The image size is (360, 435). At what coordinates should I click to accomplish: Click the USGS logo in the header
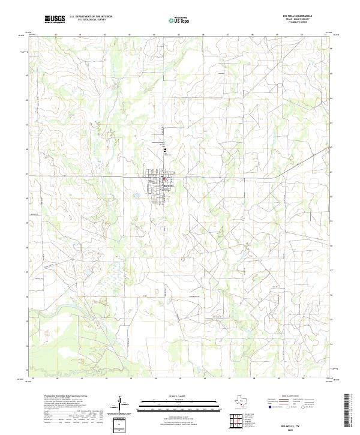click(x=55, y=19)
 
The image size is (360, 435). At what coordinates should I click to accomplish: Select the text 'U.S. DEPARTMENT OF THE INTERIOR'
click(x=91, y=17)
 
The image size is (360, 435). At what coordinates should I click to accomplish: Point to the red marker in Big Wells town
click(x=164, y=178)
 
